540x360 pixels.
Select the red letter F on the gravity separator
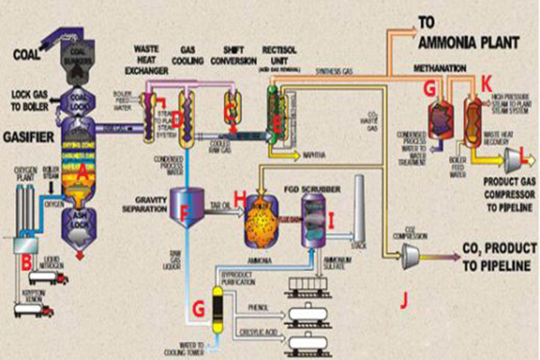tap(185, 213)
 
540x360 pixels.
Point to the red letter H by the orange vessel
tap(238, 195)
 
